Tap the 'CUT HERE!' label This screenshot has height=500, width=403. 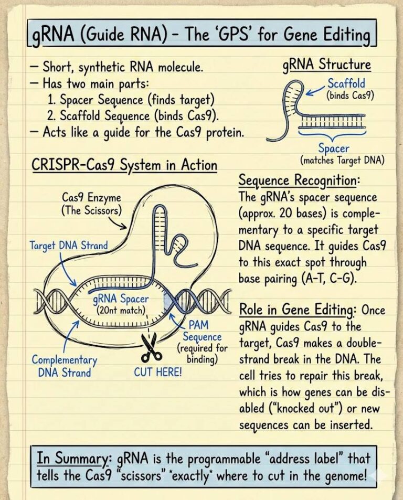pos(158,373)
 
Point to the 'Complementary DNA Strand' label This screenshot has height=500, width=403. pos(65,366)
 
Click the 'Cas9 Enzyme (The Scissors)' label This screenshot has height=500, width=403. pos(91,204)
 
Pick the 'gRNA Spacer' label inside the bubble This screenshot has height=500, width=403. pos(121,300)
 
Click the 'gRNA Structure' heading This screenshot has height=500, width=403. pos(326,65)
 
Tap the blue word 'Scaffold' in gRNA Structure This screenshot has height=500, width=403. pos(346,83)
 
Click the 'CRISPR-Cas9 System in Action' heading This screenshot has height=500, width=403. pos(124,165)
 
